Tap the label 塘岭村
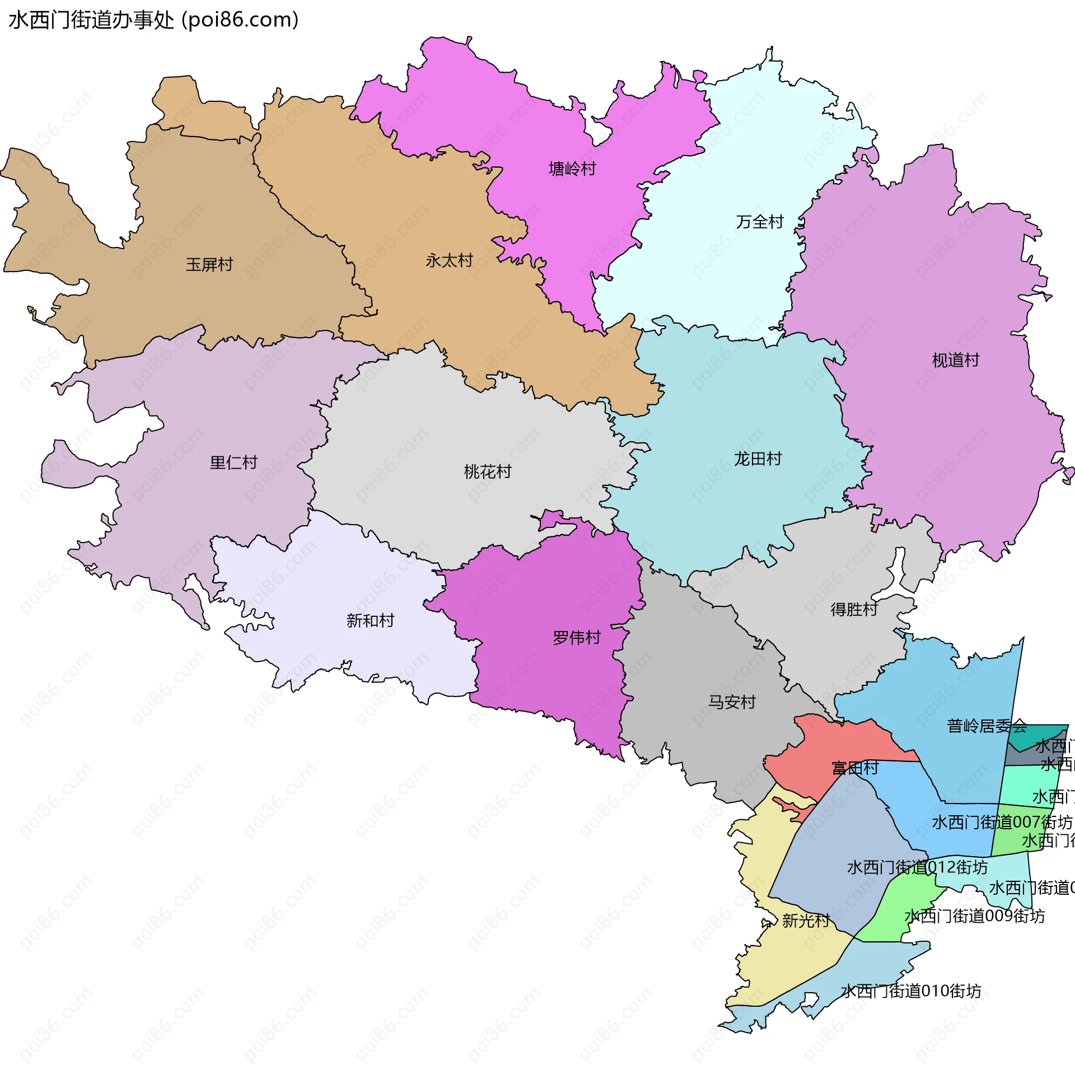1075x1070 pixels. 572,169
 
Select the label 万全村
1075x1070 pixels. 760,222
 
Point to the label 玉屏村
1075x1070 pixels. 209,264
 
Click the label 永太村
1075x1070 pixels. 449,260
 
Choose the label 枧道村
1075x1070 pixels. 956,360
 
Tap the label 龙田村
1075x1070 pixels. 758,459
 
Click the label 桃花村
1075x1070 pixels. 488,471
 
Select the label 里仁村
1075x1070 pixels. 233,462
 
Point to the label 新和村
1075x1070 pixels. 370,620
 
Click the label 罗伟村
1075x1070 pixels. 577,638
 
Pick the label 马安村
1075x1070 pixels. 732,702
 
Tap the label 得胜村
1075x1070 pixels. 854,609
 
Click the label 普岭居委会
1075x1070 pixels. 987,726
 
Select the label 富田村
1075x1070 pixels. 855,768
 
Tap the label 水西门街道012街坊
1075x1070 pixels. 917,867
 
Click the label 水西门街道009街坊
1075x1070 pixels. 974,916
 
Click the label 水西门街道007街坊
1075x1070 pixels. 1002,822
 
